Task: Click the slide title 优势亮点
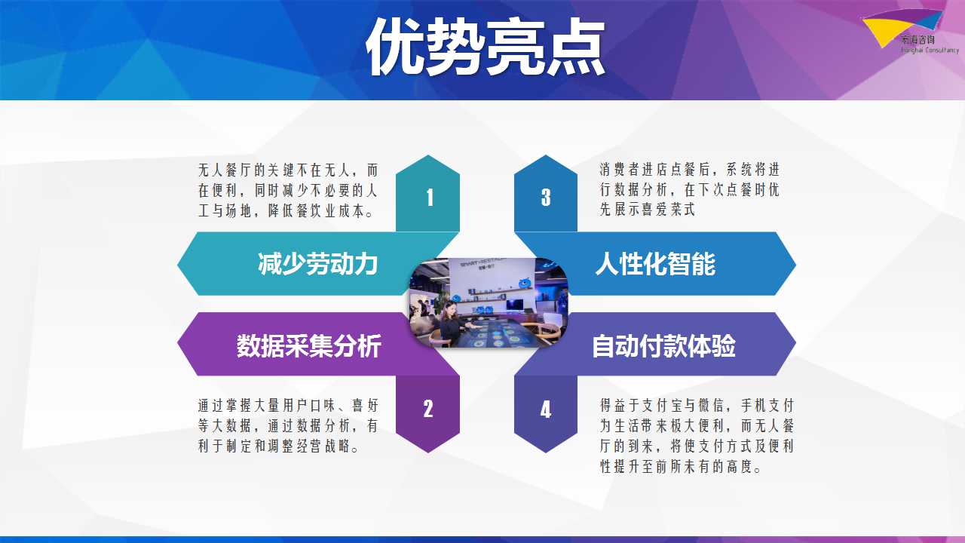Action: pyautogui.click(x=486, y=47)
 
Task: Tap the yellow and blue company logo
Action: pyautogui.click(x=909, y=31)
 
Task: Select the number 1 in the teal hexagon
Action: pyautogui.click(x=430, y=198)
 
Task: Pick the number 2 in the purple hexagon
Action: pyautogui.click(x=427, y=409)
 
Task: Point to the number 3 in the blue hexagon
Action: pyautogui.click(x=546, y=198)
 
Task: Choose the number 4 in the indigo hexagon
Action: pyautogui.click(x=546, y=410)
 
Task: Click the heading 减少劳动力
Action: pyautogui.click(x=318, y=264)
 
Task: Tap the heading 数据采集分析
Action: pyautogui.click(x=308, y=345)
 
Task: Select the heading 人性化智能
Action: pyautogui.click(x=655, y=264)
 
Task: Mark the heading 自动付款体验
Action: pyautogui.click(x=664, y=345)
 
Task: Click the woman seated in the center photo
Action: pyautogui.click(x=452, y=324)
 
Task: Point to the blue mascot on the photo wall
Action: pyautogui.click(x=525, y=283)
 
